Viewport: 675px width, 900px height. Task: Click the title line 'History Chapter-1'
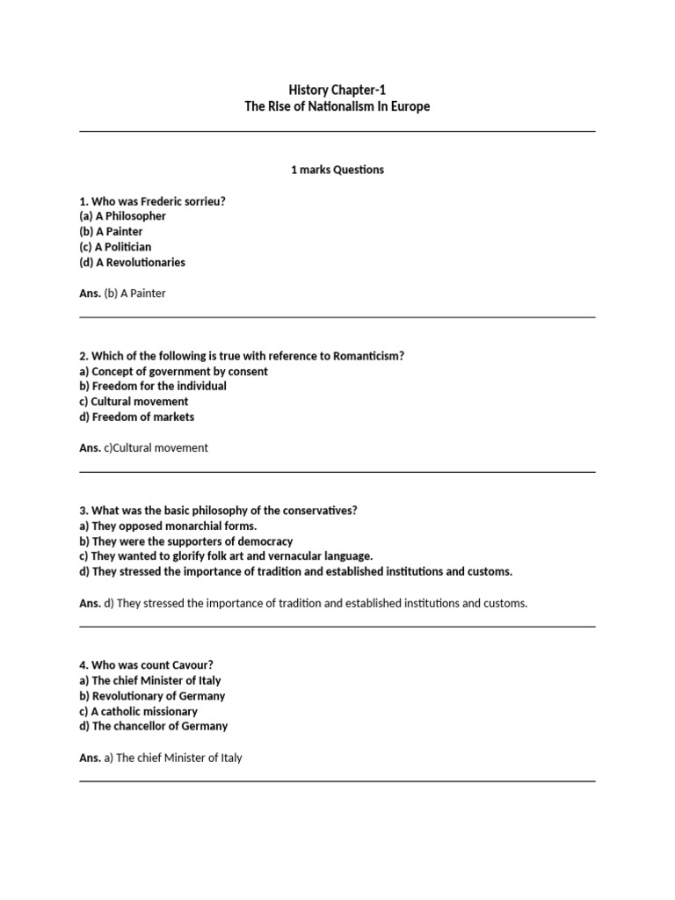click(x=337, y=90)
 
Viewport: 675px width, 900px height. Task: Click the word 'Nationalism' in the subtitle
click(x=340, y=106)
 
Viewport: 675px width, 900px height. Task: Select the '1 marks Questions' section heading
click(x=337, y=170)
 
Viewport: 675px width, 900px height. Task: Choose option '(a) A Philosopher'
click(x=122, y=216)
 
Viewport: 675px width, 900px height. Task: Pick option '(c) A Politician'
click(x=115, y=247)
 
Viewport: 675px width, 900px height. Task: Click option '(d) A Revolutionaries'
click(x=132, y=262)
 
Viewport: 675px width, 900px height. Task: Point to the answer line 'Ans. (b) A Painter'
click(x=122, y=294)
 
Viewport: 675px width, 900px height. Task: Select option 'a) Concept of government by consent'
click(x=173, y=371)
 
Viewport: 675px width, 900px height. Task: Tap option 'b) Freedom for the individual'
click(x=153, y=386)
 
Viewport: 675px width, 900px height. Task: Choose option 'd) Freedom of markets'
click(x=136, y=417)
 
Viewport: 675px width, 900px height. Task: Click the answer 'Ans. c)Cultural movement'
click(x=143, y=448)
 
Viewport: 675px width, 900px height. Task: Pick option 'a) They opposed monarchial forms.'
click(x=168, y=526)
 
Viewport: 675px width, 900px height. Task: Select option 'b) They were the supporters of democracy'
click(x=185, y=541)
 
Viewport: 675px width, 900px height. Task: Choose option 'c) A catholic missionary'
click(x=138, y=711)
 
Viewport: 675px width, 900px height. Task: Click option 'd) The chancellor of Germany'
click(x=153, y=726)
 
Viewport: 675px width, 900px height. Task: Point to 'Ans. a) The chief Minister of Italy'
click(x=160, y=758)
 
